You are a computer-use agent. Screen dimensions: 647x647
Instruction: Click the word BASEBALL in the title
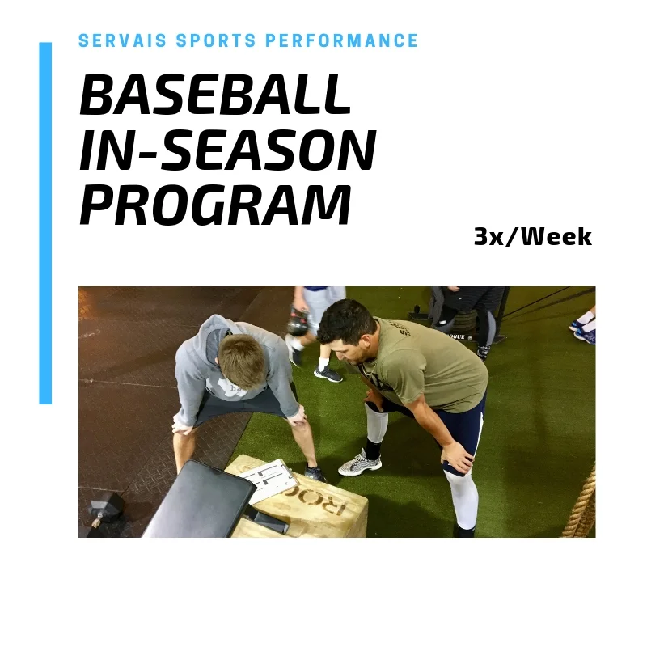coord(215,95)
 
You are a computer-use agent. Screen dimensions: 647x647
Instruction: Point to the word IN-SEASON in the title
coord(227,150)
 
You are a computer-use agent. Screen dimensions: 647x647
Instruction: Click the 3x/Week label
coord(532,237)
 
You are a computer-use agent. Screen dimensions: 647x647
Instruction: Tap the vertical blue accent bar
coord(45,222)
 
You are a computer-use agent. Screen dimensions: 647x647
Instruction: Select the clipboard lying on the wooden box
coord(269,481)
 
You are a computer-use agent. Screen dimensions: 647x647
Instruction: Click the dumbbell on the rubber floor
coord(104,510)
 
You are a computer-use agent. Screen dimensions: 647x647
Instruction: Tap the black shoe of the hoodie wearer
coord(315,474)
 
